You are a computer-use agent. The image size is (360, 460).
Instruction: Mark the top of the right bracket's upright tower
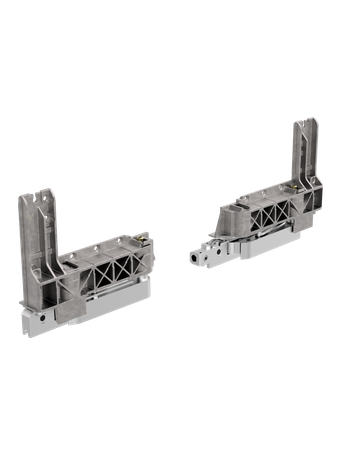tap(307, 122)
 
